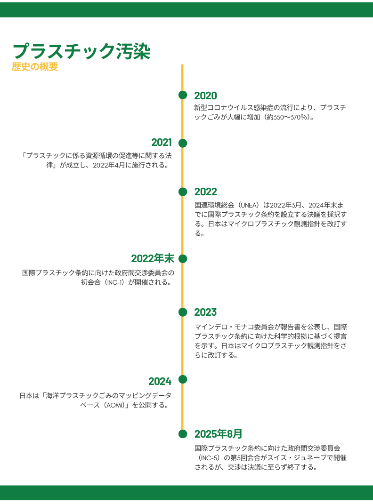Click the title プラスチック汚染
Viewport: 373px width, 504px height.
81,51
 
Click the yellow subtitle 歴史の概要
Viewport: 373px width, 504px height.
35,67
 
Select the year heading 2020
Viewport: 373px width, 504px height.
205,96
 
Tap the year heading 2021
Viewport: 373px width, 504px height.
161,143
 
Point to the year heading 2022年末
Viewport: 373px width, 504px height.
152,258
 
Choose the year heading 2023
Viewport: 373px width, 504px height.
205,312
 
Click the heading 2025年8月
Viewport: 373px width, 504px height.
218,433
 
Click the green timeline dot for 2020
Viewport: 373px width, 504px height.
183,95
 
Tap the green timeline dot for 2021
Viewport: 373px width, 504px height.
183,143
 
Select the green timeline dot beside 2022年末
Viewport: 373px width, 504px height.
183,259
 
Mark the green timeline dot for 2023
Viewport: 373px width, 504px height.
183,312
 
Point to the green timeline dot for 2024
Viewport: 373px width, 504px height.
183,379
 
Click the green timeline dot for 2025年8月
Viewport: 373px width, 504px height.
183,433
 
